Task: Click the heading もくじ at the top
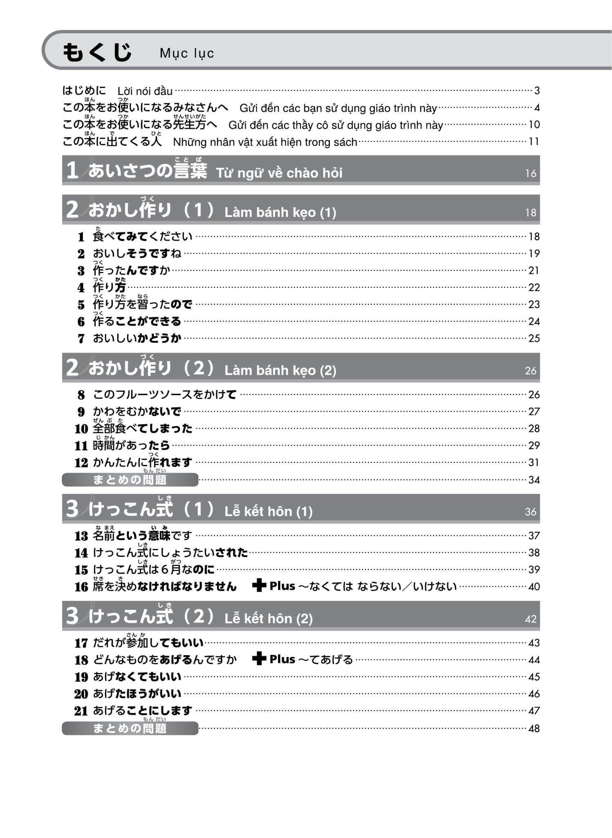97,52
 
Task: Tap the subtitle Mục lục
187,53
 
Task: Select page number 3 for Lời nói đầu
537,90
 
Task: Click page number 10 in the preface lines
534,124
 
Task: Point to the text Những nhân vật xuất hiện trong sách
265,142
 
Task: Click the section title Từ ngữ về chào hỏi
279,173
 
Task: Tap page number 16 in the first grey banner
531,173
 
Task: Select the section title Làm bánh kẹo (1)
280,212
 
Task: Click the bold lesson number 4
81,288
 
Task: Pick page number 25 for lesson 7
534,338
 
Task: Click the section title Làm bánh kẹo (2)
280,371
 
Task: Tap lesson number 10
81,429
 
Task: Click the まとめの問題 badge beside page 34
130,480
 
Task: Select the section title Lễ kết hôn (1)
268,511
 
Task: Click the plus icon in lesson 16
259,586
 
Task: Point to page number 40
534,587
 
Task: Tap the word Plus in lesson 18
282,659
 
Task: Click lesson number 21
81,711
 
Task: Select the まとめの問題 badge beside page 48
130,728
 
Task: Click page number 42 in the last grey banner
531,619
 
